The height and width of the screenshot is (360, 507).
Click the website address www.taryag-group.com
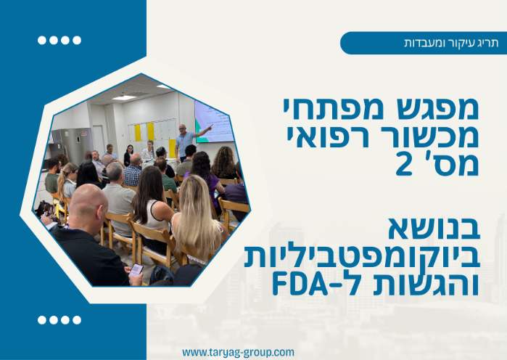point(238,352)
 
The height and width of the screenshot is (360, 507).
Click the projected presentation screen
point(215,120)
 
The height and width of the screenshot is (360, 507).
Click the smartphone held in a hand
point(136,269)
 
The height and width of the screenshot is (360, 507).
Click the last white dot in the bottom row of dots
point(76,319)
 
